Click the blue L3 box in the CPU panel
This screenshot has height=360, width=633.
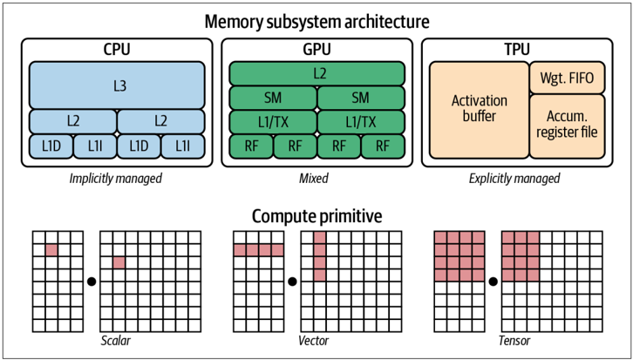coord(117,85)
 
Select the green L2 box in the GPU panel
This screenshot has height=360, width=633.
coord(316,73)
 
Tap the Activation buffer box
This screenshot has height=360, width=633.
coord(479,109)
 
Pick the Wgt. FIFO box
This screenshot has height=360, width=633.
coord(568,77)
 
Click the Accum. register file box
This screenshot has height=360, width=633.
coord(568,126)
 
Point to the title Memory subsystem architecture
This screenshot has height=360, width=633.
coord(316,22)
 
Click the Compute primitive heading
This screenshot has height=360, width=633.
coord(316,217)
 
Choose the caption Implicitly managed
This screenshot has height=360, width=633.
coord(115,179)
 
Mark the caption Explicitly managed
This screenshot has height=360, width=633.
coord(514,179)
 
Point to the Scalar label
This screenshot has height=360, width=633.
coord(115,341)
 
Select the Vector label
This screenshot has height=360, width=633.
coord(314,341)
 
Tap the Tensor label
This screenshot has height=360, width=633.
coord(514,341)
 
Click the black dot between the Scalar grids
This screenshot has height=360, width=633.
coord(92,282)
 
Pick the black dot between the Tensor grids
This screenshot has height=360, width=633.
coord(493,282)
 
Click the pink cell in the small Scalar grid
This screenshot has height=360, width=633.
coord(51,250)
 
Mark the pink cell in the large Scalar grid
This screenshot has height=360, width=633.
coord(119,262)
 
